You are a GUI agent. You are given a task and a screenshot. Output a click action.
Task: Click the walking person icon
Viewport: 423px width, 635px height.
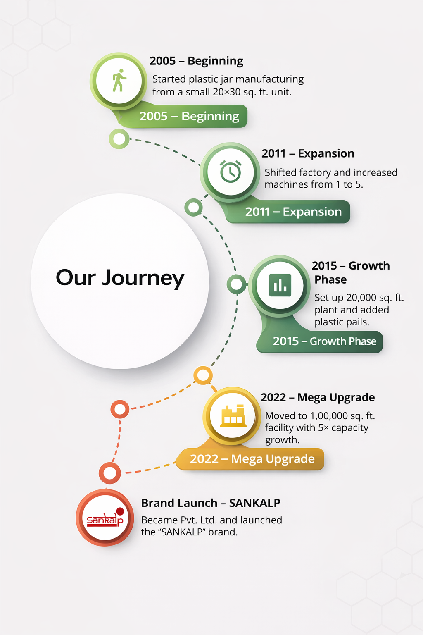[x=119, y=80]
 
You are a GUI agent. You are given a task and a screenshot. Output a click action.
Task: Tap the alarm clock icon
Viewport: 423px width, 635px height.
[x=231, y=172]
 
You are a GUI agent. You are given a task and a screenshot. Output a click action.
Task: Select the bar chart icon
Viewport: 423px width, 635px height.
[x=280, y=285]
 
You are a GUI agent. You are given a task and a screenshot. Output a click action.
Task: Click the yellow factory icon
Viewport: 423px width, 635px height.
[x=233, y=415]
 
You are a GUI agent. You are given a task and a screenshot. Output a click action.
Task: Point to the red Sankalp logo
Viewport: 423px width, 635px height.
[x=105, y=518]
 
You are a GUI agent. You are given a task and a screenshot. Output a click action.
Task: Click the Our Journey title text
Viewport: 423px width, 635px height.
[x=120, y=278]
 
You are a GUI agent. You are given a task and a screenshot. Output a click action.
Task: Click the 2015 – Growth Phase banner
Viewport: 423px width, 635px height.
[x=320, y=341]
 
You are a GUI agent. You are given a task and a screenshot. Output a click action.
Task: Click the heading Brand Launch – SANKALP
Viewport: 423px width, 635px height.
[x=211, y=503]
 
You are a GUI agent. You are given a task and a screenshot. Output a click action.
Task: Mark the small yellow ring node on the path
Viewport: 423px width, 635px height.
[x=203, y=375]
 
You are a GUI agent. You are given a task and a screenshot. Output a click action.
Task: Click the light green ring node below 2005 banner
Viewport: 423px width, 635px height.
[x=119, y=139]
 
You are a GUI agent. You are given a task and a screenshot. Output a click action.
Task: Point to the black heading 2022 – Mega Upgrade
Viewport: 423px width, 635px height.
[x=318, y=397]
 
